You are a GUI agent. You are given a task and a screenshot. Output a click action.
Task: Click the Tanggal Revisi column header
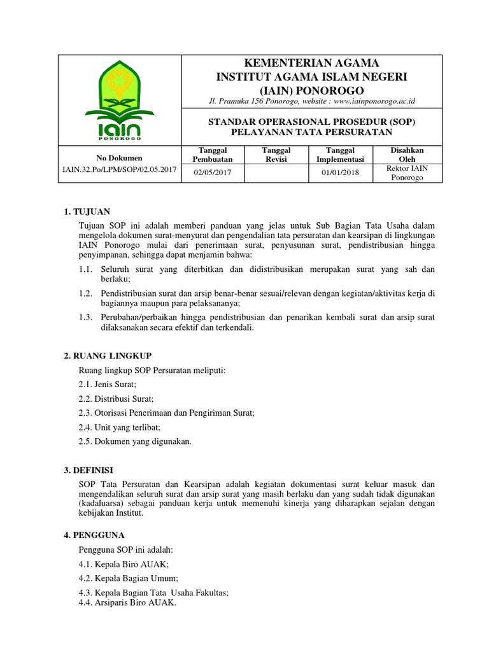(x=277, y=154)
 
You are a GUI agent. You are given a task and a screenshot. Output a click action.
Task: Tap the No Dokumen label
(x=120, y=158)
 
